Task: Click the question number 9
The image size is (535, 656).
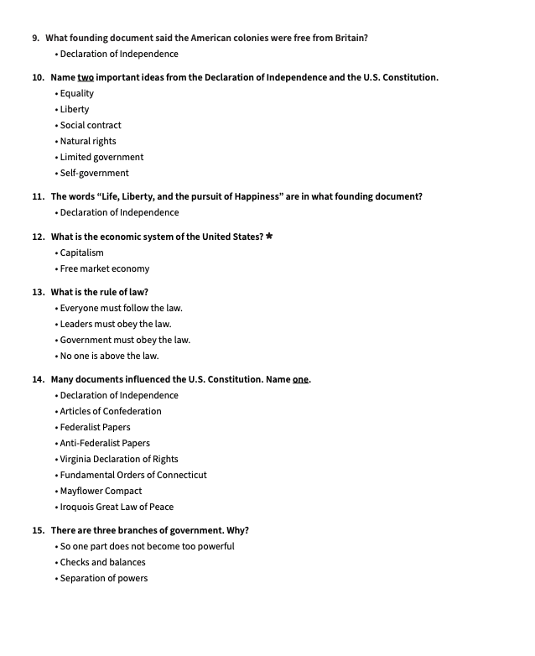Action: click(36, 38)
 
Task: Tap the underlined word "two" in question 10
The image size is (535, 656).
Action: click(86, 77)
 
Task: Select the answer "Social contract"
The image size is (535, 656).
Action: click(91, 125)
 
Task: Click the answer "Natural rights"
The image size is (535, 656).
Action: click(88, 141)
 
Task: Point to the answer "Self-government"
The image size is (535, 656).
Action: click(94, 173)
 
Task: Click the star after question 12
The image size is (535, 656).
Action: click(269, 237)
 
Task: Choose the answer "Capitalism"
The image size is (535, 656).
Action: click(82, 253)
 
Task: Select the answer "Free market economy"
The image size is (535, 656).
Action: click(105, 268)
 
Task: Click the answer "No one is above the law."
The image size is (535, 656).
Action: click(109, 356)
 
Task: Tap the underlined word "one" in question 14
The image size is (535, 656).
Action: click(300, 379)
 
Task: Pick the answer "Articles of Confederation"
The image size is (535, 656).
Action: click(111, 411)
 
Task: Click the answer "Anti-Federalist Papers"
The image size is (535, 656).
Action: click(105, 443)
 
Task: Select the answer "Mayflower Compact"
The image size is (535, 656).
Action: click(101, 491)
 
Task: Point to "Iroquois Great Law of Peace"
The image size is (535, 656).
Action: click(117, 507)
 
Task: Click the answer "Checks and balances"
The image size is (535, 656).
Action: click(102, 562)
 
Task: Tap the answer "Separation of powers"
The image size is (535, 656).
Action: click(104, 578)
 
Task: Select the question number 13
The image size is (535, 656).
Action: click(39, 292)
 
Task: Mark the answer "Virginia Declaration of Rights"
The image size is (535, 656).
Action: click(119, 459)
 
